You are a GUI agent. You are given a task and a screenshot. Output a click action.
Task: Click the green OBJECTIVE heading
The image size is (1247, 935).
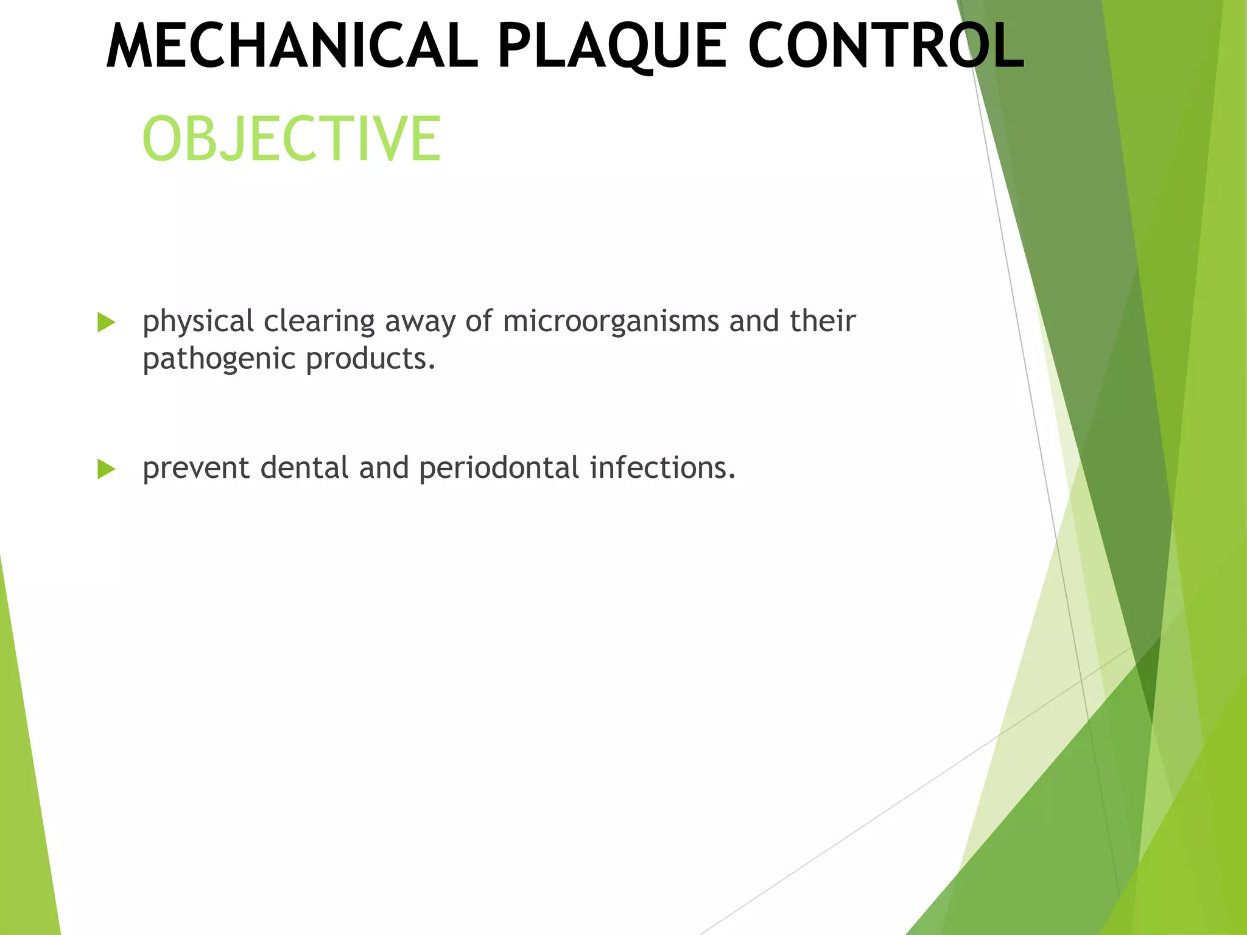tap(291, 139)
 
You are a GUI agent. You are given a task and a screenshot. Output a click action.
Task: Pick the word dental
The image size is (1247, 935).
tap(304, 469)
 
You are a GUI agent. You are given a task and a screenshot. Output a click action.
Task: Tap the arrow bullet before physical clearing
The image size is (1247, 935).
tap(106, 323)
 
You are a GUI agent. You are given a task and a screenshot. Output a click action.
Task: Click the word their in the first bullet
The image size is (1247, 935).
tap(823, 321)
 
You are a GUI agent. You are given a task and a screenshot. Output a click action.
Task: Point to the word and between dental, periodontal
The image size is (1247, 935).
tap(384, 469)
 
